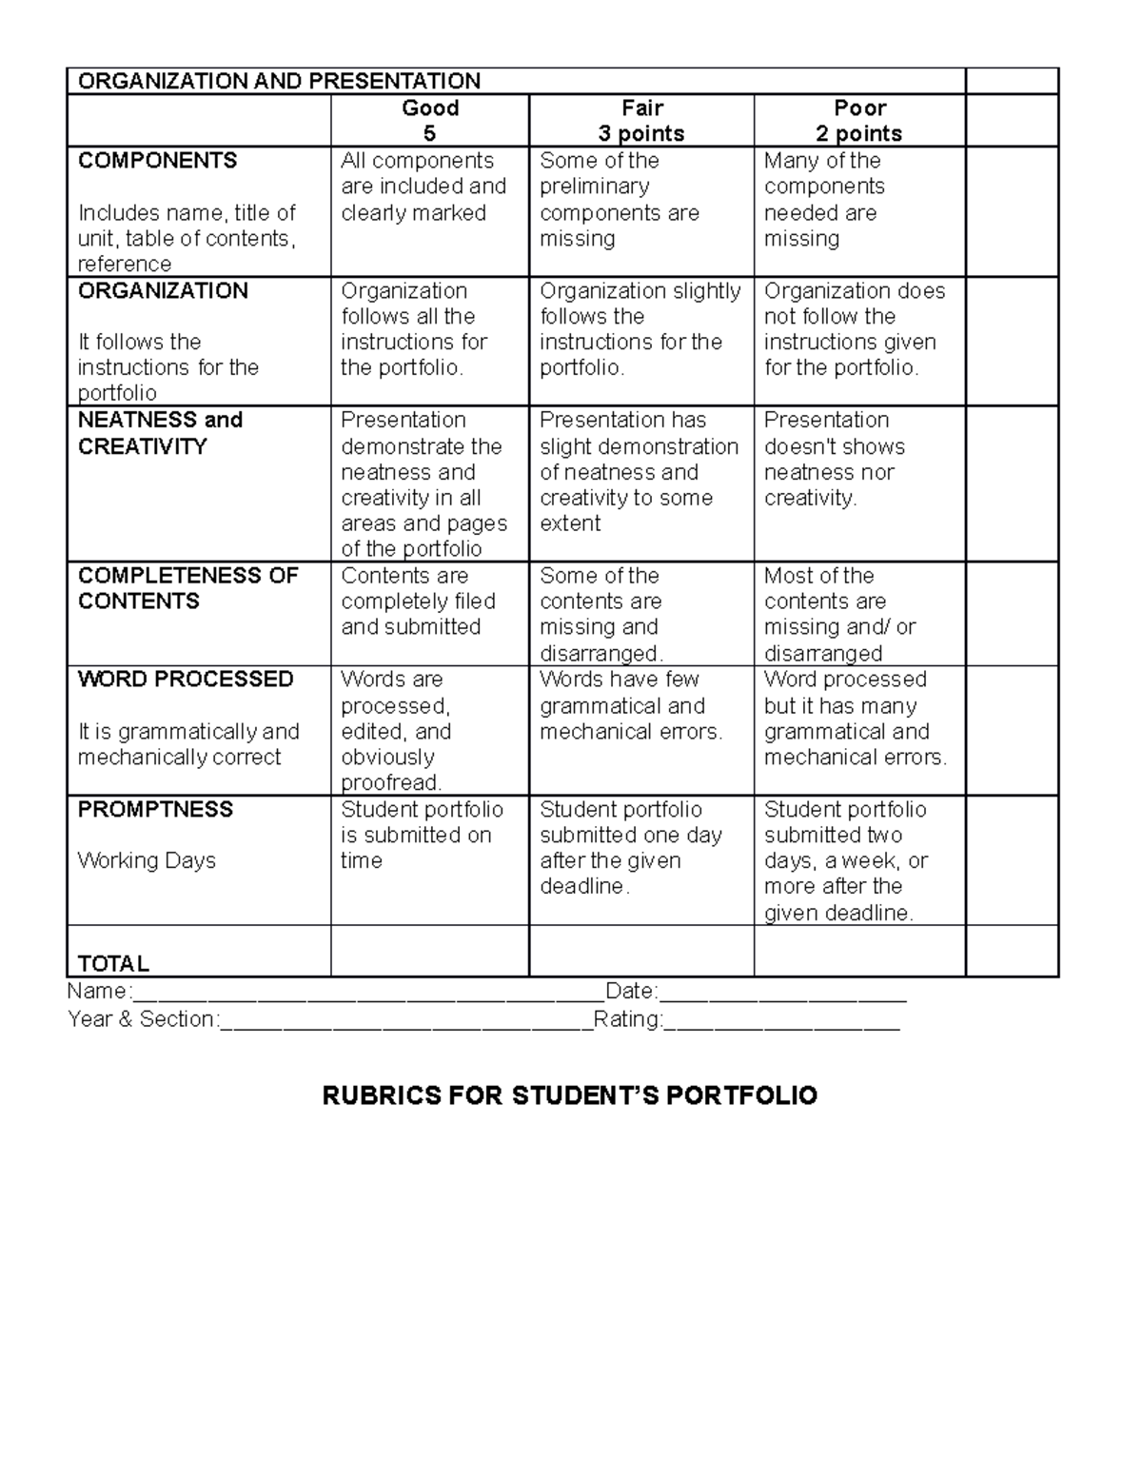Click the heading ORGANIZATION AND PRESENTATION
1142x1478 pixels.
click(x=279, y=81)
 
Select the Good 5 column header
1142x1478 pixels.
click(x=430, y=121)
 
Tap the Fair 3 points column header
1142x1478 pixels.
click(x=641, y=121)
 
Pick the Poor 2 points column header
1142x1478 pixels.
click(x=859, y=121)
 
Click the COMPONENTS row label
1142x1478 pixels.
click(x=158, y=161)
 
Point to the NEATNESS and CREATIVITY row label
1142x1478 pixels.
click(x=160, y=433)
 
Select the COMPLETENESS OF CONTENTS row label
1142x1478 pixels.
click(x=187, y=588)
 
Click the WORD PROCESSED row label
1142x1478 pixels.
click(x=186, y=680)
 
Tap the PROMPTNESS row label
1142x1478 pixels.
click(x=155, y=809)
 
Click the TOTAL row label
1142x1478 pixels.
click(x=113, y=963)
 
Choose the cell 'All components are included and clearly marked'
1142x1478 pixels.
click(x=423, y=187)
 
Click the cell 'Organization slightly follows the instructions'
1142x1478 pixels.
click(x=640, y=329)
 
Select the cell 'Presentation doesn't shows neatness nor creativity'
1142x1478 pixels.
click(x=834, y=459)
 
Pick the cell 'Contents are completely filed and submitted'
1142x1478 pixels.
click(x=418, y=601)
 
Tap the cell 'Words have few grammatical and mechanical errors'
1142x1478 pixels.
click(x=631, y=706)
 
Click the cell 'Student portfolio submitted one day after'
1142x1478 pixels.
click(x=630, y=848)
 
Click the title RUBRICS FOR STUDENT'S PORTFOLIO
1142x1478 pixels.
click(x=570, y=1096)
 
